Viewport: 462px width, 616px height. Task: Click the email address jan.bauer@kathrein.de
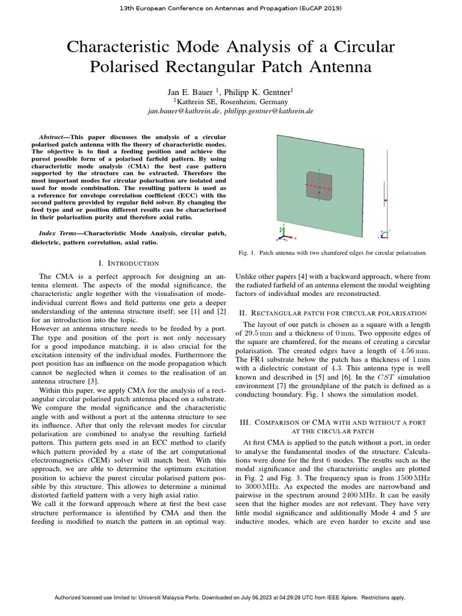(x=183, y=111)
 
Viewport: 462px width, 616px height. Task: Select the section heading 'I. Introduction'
(x=128, y=263)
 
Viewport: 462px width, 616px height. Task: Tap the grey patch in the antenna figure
(x=318, y=184)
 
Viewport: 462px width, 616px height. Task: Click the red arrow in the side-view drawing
(x=386, y=200)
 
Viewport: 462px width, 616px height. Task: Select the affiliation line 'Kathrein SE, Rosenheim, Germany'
(x=231, y=102)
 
